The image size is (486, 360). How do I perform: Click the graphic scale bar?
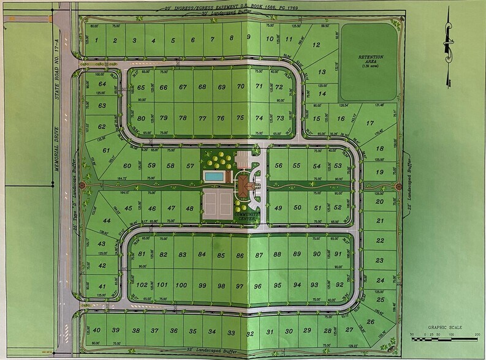click(444, 334)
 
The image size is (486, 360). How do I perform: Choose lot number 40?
click(97, 331)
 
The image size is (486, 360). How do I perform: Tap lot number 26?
click(371, 321)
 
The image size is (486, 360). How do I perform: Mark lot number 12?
click(316, 45)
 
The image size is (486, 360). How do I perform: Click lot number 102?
click(142, 285)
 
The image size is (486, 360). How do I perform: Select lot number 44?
click(107, 220)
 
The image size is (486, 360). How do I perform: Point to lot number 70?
click(240, 87)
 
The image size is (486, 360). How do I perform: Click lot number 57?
click(191, 166)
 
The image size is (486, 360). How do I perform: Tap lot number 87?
click(259, 255)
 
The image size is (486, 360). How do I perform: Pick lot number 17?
click(370, 123)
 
